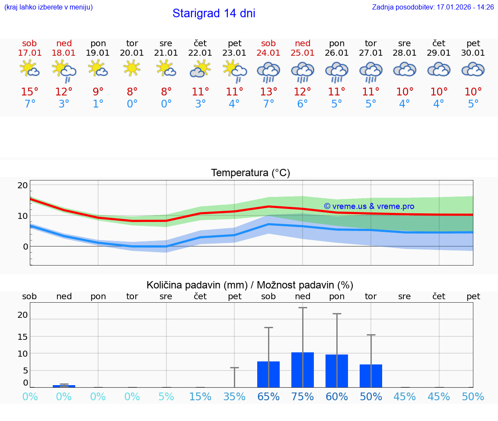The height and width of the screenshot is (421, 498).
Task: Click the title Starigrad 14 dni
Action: (x=214, y=13)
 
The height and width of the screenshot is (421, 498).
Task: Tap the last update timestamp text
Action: (x=433, y=7)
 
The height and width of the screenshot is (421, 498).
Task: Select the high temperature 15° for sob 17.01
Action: (x=29, y=92)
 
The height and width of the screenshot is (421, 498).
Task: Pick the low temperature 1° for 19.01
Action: (x=98, y=104)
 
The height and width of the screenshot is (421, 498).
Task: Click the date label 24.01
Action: (x=268, y=53)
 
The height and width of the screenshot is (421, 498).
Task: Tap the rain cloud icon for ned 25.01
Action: (x=303, y=72)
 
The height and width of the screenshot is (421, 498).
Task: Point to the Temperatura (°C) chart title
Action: (x=250, y=173)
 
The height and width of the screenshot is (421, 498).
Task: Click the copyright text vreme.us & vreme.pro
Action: (x=369, y=206)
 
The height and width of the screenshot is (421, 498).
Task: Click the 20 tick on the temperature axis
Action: (x=22, y=185)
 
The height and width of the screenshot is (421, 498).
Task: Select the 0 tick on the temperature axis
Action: (x=25, y=247)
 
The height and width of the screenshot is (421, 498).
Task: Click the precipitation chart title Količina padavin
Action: (x=250, y=285)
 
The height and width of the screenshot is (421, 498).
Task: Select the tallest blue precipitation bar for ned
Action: (x=303, y=370)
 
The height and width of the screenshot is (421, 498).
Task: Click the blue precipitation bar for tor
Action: (x=371, y=376)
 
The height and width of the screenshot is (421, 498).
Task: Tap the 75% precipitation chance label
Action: (x=303, y=397)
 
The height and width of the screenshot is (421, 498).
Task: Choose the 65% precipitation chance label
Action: (x=268, y=397)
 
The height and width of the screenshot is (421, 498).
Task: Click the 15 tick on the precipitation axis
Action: (x=22, y=336)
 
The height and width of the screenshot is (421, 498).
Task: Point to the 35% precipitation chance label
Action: (x=234, y=397)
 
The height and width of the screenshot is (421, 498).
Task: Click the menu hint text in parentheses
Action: (x=48, y=7)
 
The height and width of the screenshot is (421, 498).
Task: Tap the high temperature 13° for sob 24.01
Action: (x=268, y=92)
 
